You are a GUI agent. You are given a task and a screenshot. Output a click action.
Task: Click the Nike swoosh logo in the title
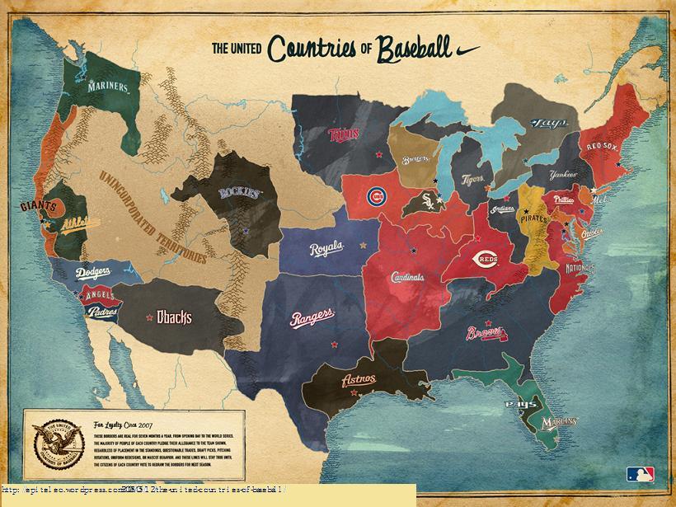467,49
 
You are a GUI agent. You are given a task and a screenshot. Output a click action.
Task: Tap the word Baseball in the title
416,47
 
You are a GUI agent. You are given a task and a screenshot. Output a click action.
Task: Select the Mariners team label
108,86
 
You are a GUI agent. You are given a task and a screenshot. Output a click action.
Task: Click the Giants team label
39,205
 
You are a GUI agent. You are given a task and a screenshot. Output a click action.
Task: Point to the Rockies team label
240,193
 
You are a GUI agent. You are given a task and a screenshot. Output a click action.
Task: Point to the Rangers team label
312,317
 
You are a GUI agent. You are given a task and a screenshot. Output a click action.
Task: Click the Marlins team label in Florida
559,422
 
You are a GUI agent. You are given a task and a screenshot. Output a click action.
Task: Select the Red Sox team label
603,146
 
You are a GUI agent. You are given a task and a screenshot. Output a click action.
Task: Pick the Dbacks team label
174,317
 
